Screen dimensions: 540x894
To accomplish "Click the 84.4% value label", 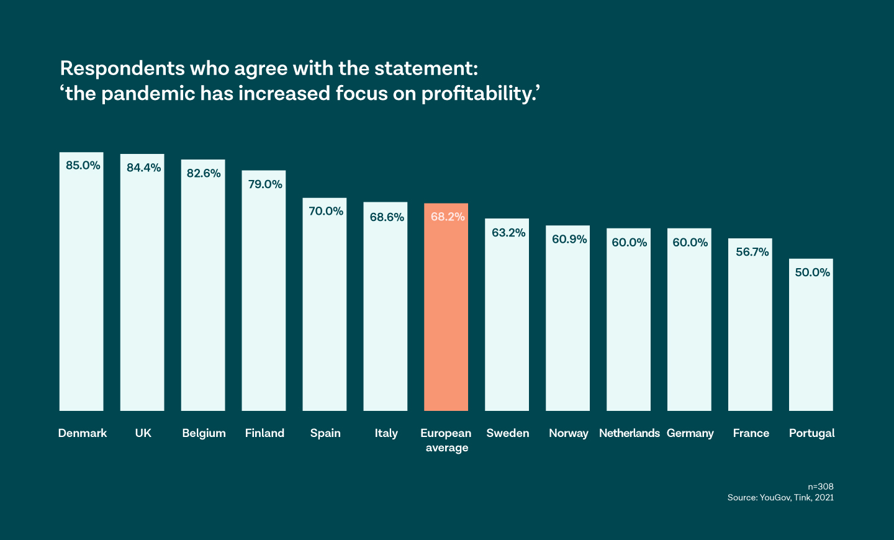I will (143, 168).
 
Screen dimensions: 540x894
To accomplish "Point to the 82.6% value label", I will (204, 173).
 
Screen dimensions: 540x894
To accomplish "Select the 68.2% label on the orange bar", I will (448, 217).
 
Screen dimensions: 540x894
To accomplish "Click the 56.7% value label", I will (752, 252).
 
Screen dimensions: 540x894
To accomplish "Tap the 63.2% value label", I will (508, 233).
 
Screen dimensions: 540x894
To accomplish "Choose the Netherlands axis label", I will (629, 433).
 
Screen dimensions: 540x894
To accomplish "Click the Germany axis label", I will (690, 433).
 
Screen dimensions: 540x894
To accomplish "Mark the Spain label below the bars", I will (325, 433).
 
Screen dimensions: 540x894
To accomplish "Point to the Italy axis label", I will (386, 433).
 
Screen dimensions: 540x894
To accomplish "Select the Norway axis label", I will (568, 433).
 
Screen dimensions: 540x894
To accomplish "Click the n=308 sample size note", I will (820, 487).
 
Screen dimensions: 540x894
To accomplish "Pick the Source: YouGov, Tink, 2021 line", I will (780, 498).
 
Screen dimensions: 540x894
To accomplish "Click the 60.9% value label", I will (569, 240).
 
